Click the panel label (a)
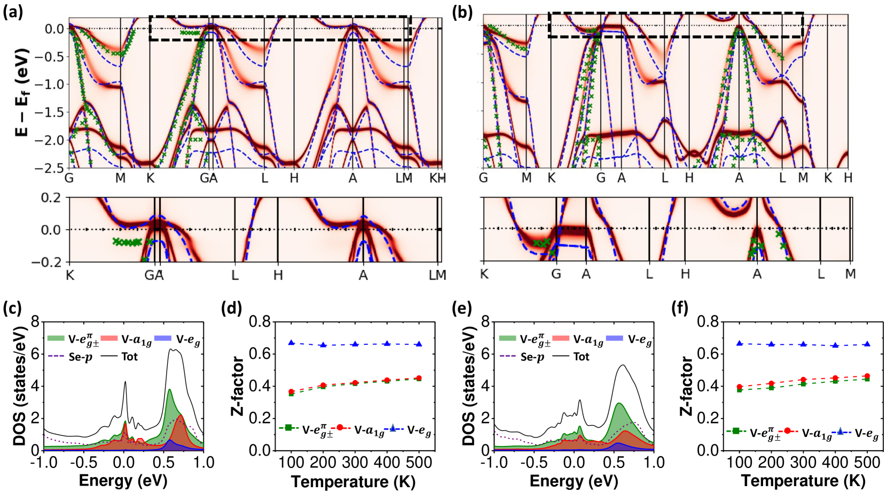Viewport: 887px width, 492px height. pyautogui.click(x=13, y=12)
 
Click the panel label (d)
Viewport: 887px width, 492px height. pyautogui.click(x=231, y=308)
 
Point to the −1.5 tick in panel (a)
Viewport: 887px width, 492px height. pyautogui.click(x=51, y=112)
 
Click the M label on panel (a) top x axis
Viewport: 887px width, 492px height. pyautogui.click(x=121, y=178)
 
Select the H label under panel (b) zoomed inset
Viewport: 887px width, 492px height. pyautogui.click(x=685, y=274)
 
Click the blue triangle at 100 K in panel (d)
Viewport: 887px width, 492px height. pyautogui.click(x=292, y=342)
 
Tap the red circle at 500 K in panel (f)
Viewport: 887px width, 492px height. pyautogui.click(x=867, y=376)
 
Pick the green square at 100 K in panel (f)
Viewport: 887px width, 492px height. pyautogui.click(x=740, y=390)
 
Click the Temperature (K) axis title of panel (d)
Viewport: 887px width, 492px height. pyautogui.click(x=353, y=482)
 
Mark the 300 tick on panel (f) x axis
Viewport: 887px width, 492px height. pyautogui.click(x=803, y=463)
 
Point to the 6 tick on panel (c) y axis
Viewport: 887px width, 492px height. pyautogui.click(x=35, y=354)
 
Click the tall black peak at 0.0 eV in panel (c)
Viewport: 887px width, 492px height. pyautogui.click(x=125, y=382)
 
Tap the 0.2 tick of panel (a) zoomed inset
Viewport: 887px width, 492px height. pyautogui.click(x=51, y=198)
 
